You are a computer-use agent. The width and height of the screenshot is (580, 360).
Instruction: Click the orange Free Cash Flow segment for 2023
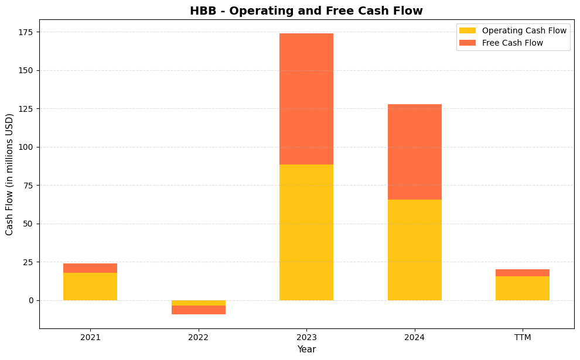click(306, 99)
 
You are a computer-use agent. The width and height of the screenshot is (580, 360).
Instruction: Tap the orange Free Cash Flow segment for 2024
click(415, 152)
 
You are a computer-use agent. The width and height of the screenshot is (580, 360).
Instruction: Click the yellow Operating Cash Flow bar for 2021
click(90, 287)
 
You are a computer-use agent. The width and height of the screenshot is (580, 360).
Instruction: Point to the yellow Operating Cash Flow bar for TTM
click(523, 289)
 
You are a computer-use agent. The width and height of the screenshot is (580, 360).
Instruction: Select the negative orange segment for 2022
click(199, 310)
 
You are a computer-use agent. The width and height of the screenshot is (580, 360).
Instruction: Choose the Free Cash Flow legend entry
click(512, 43)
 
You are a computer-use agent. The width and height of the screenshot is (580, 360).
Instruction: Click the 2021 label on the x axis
click(90, 338)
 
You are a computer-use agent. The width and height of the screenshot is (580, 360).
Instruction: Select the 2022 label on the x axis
click(199, 338)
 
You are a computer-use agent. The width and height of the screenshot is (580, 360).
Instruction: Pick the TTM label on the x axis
click(523, 338)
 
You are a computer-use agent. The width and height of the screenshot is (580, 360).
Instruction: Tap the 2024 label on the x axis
click(415, 338)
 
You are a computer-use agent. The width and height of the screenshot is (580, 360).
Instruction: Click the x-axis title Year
click(306, 349)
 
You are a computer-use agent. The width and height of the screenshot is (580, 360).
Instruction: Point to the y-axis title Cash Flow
click(9, 174)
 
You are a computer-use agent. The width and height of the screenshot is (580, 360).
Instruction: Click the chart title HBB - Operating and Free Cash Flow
click(306, 11)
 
